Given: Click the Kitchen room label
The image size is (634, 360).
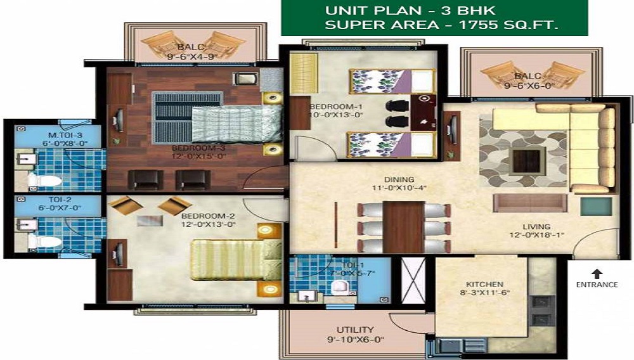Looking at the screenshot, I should tap(485, 284).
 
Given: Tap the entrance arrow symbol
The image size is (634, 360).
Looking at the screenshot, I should tap(597, 273).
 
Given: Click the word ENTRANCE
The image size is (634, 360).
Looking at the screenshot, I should tap(597, 285).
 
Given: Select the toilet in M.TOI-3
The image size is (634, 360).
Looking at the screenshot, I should tap(44, 181).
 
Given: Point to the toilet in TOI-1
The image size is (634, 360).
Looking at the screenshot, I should tap(341, 288).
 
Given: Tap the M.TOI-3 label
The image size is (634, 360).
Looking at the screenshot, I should tap(50, 134).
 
